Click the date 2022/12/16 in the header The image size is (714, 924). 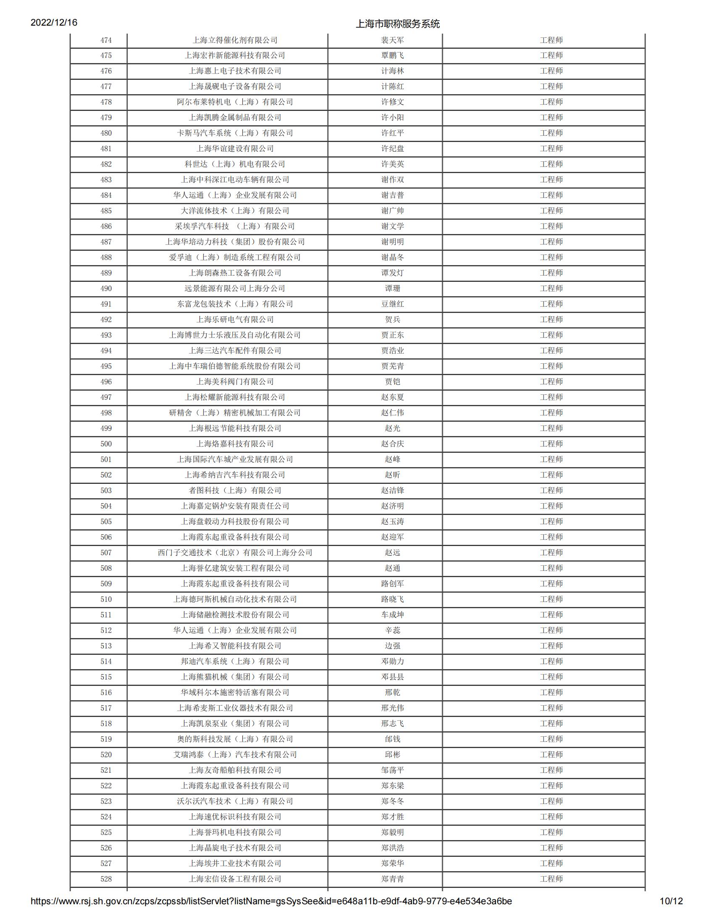pyautogui.click(x=54, y=22)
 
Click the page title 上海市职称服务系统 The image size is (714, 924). pyautogui.click(x=398, y=24)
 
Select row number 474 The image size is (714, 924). pyautogui.click(x=106, y=40)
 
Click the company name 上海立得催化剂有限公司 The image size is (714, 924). pyautogui.click(x=235, y=40)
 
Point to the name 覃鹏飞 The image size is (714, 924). pyautogui.click(x=392, y=55)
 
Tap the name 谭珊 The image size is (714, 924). pyautogui.click(x=392, y=289)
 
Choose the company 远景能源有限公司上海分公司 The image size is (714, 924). pyautogui.click(x=235, y=289)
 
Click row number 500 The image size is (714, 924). pyautogui.click(x=106, y=444)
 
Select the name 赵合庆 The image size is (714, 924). pyautogui.click(x=392, y=444)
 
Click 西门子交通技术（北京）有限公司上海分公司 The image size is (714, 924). pyautogui.click(x=235, y=553)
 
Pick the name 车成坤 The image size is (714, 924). pyautogui.click(x=392, y=615)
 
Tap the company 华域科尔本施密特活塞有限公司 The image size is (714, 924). pyautogui.click(x=235, y=693)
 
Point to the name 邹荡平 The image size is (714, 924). pyautogui.click(x=392, y=770)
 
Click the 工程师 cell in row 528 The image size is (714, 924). pyautogui.click(x=551, y=879)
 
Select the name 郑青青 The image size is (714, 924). pyautogui.click(x=392, y=879)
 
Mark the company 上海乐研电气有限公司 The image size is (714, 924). pyautogui.click(x=235, y=320)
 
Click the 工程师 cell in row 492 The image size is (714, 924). pyautogui.click(x=551, y=320)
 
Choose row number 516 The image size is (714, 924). pyautogui.click(x=106, y=693)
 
